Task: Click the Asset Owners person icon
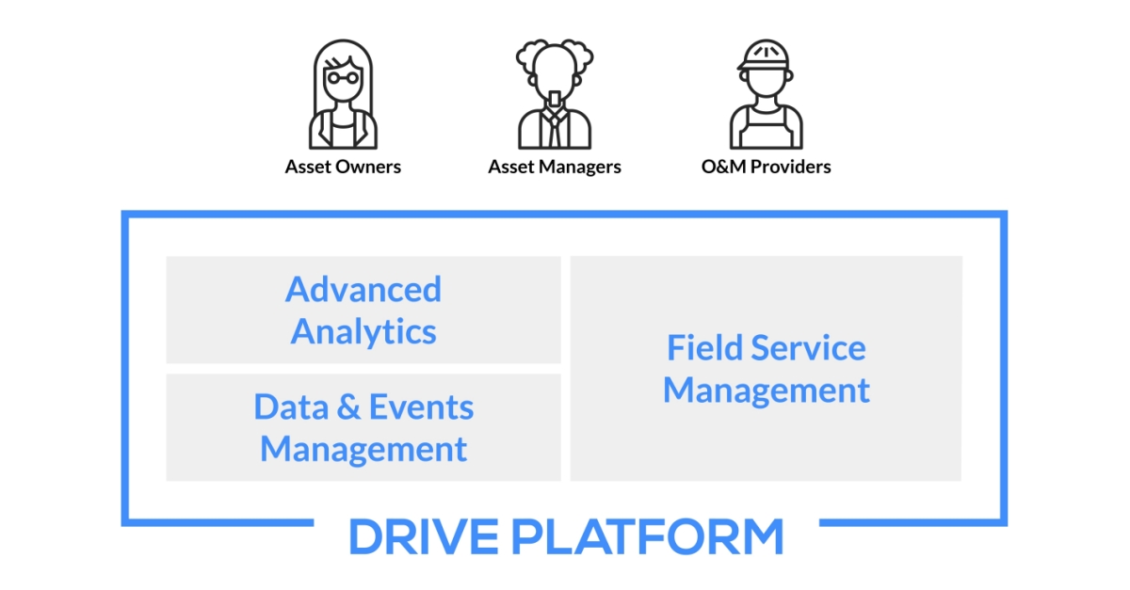[343, 95]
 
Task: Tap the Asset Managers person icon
[555, 95]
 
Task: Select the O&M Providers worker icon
[766, 95]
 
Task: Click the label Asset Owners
[343, 167]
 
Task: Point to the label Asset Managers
[555, 167]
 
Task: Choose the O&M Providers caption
[766, 167]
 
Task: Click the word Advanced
[363, 289]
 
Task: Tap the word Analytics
[363, 331]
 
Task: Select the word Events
[421, 407]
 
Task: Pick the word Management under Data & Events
[363, 449]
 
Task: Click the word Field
[698, 348]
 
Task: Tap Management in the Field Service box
[767, 390]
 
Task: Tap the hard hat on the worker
[765, 56]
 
